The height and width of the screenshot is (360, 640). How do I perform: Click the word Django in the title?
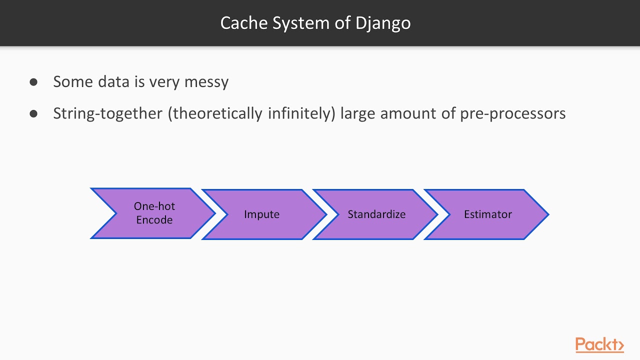pyautogui.click(x=383, y=23)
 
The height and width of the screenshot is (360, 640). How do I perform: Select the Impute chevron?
pyautogui.click(x=262, y=214)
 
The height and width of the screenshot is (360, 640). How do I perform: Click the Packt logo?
pyautogui.click(x=599, y=344)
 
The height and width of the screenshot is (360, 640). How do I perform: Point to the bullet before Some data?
pyautogui.click(x=33, y=82)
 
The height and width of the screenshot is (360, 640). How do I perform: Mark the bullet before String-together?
pyautogui.click(x=33, y=114)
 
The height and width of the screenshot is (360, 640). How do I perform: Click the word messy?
pyautogui.click(x=206, y=82)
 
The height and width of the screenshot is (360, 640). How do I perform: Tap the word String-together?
pyautogui.click(x=108, y=114)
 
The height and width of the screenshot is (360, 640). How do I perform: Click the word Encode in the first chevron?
pyautogui.click(x=154, y=220)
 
